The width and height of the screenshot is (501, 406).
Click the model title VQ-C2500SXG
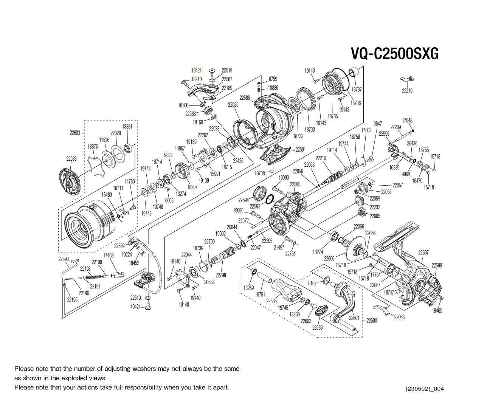coord(395,54)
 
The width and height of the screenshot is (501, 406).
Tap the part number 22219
coord(407,91)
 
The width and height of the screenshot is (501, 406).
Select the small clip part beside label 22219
coord(407,79)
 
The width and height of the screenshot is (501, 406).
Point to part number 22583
coord(71,159)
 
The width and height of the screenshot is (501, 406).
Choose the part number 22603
coord(75,133)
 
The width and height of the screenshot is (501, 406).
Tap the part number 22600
coord(372,321)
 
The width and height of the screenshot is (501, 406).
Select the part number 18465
coord(437,310)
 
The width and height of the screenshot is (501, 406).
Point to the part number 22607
coord(423,253)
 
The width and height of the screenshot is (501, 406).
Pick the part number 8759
coord(273,79)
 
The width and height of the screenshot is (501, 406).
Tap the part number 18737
coord(357,89)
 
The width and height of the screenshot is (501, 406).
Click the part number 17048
coord(407,121)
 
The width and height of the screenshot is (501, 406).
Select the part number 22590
coord(64,259)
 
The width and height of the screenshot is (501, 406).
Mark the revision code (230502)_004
coord(425,389)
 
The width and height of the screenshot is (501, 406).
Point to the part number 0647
coord(377,124)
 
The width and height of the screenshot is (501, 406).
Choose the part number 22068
coord(399,317)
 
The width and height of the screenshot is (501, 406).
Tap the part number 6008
coord(169,200)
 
